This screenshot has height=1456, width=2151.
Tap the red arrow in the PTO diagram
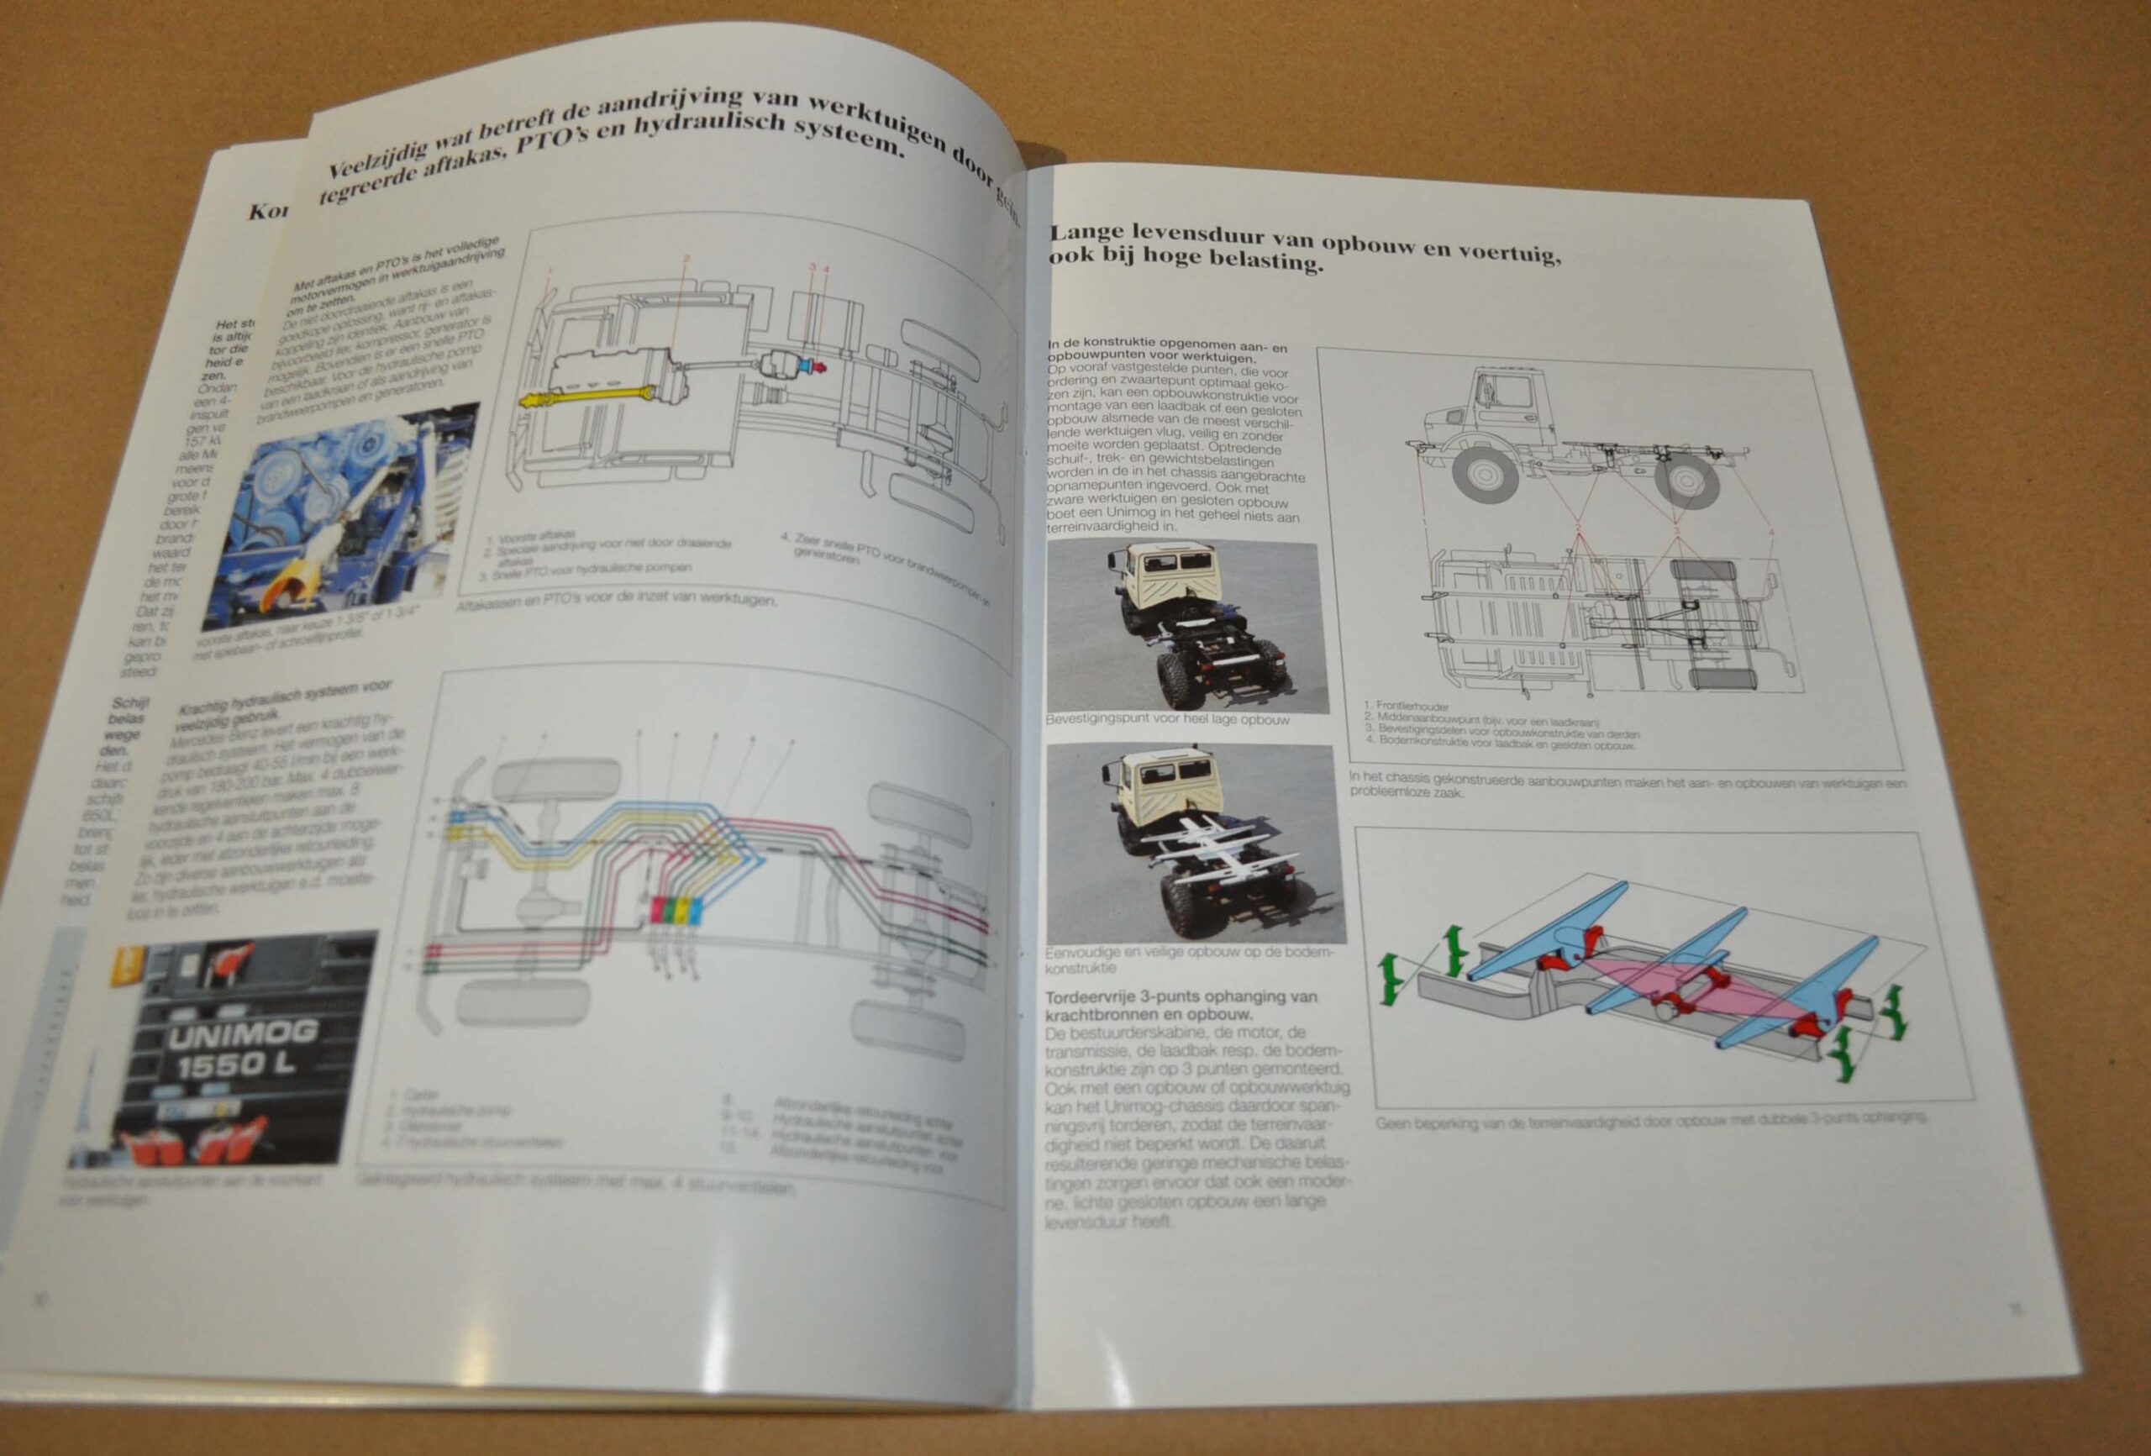point(817,368)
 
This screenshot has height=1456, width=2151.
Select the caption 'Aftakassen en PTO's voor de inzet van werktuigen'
point(616,601)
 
